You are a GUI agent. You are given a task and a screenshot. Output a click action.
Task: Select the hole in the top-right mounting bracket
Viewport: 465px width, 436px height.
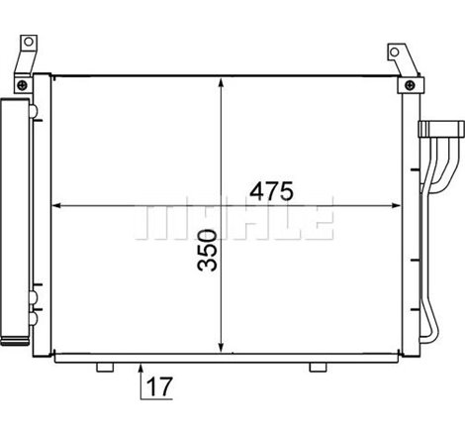[x=396, y=52]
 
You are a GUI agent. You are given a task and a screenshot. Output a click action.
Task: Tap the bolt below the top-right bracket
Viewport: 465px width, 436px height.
[x=406, y=87]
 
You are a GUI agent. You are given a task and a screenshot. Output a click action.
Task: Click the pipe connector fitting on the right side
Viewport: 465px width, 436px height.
[x=442, y=129]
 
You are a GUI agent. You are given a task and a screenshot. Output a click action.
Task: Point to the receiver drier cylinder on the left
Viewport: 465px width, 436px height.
[x=16, y=218]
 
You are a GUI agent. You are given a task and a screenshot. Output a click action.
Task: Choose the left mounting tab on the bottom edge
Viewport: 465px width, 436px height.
[x=104, y=368]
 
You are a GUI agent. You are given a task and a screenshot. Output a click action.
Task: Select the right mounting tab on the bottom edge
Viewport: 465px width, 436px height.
[x=317, y=368]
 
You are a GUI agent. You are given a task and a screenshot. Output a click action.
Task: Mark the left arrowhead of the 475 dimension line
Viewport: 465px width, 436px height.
[x=56, y=206]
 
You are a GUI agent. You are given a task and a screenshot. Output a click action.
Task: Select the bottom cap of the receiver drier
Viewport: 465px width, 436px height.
[x=17, y=343]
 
